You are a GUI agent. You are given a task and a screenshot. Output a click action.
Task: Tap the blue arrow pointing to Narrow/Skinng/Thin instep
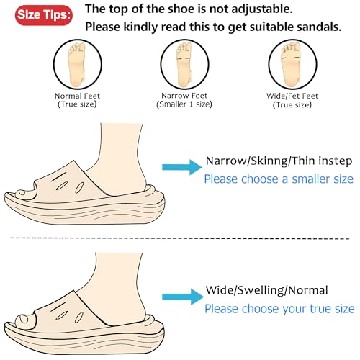(x=180, y=168)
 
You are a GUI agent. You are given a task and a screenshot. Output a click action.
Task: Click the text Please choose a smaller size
(x=279, y=179)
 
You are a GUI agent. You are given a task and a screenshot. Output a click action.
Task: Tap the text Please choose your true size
(x=279, y=309)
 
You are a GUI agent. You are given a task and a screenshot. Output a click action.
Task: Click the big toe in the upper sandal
(x=27, y=193)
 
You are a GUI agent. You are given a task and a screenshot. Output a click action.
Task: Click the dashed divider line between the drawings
(x=180, y=238)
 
